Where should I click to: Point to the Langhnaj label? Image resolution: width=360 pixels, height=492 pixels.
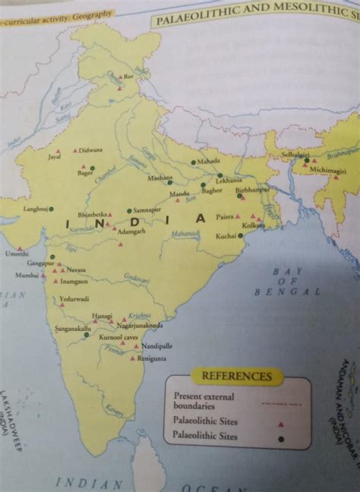35,208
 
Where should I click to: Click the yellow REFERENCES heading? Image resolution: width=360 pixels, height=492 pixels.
237,376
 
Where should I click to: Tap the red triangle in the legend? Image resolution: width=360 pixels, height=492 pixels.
280,422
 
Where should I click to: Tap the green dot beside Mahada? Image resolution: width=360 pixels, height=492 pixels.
194,162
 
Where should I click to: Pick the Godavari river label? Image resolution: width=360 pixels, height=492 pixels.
136,280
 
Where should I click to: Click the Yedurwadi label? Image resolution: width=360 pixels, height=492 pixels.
74,299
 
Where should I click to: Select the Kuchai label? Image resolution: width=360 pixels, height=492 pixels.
226,238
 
